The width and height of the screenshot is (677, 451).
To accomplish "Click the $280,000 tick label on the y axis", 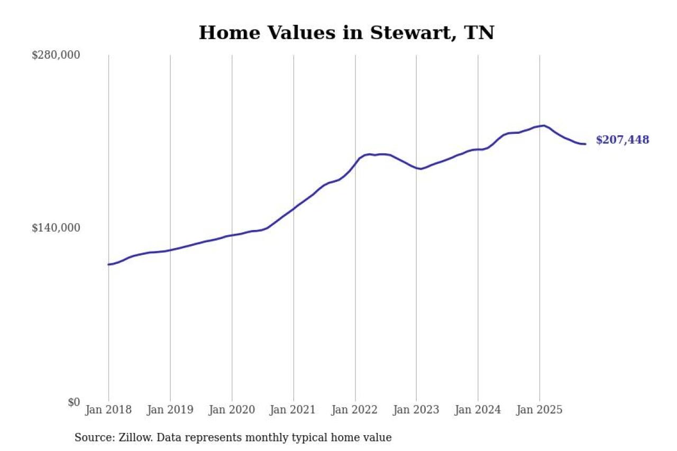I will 56,55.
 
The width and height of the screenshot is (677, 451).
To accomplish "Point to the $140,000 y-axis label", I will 56,228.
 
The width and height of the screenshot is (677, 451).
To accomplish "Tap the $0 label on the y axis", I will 74,402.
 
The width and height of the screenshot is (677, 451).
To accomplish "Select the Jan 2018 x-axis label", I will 108,410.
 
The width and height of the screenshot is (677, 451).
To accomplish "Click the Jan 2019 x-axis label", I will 170,410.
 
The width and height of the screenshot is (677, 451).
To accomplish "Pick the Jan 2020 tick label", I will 232,410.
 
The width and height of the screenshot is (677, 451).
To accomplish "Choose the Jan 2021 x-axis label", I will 293,410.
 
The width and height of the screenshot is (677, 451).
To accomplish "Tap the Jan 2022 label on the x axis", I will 355,410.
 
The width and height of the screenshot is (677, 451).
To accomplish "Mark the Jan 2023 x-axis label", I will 416,410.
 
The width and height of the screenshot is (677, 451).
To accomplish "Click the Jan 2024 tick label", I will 478,410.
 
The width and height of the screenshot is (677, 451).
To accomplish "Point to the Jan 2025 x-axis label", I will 539,410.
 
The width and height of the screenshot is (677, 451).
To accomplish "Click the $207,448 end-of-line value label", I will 622,140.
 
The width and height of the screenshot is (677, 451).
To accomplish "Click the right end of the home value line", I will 585,144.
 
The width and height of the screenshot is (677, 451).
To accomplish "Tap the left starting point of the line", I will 108,264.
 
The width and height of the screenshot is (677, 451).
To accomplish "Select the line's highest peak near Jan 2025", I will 544,125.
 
